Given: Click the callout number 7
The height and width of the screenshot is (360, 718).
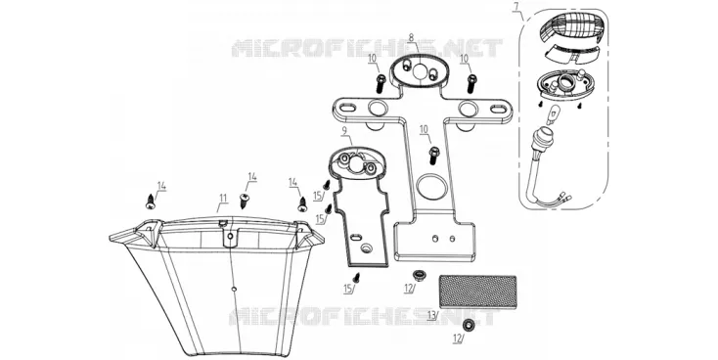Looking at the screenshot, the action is coord(516,7).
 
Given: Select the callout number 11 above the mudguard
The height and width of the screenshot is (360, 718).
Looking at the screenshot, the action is coord(223,198).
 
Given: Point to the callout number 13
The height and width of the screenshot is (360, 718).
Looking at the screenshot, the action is coord(430,315).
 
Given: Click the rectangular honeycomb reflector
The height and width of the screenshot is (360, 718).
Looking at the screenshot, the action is coord(477,292).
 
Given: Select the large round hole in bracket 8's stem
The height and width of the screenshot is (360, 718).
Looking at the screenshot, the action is coord(430,186).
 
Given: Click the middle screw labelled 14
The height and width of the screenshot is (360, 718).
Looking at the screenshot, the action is coord(245,201).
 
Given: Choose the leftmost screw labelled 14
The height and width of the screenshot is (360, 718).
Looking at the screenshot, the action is coord(151,202).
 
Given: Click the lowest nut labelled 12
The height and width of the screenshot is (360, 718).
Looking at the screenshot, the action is coord(468,326).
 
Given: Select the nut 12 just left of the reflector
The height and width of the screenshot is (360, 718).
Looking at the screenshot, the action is coord(419,275).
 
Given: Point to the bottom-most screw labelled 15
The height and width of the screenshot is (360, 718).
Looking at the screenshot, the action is coord(358,276).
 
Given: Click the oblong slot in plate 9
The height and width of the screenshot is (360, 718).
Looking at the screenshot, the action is coord(356,238).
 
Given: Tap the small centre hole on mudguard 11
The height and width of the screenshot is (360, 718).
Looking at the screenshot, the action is coord(234,289).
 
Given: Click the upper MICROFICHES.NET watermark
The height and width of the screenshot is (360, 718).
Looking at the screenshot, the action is coord(367,48).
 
